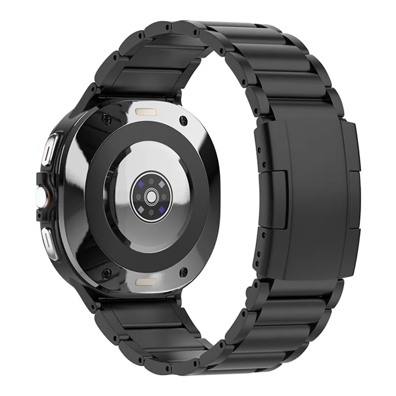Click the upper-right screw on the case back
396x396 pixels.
coord(185,119)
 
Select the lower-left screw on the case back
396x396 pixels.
coord(105,272)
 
